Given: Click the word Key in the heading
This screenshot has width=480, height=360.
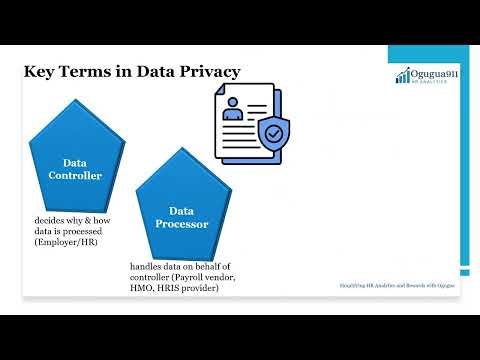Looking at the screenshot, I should click(x=41, y=71).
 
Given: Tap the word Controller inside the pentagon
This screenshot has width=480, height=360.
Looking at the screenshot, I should click(x=75, y=176).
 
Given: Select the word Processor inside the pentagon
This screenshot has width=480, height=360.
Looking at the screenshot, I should click(x=181, y=224).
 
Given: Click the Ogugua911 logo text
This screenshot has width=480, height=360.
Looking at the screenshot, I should click(x=427, y=74).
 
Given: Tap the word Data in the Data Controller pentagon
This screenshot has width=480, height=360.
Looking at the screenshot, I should click(x=75, y=162).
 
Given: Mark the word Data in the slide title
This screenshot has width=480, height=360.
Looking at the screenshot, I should click(x=147, y=71).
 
